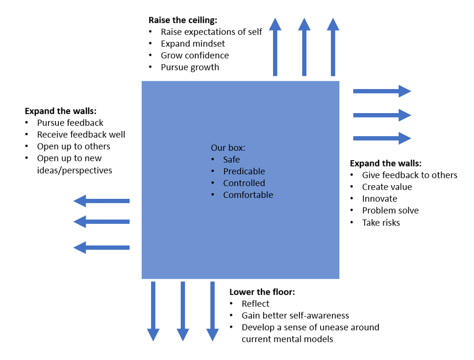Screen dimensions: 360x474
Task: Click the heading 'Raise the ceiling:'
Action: pyautogui.click(x=182, y=20)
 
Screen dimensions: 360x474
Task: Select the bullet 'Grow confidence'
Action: pyautogui.click(x=195, y=55)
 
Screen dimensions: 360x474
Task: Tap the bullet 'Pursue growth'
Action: pyautogui.click(x=190, y=67)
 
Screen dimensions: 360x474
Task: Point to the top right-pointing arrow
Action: pyautogui.click(x=382, y=91)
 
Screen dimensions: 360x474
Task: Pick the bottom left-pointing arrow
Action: pyautogui.click(x=101, y=247)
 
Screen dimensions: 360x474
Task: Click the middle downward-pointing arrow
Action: pyautogui.click(x=183, y=311)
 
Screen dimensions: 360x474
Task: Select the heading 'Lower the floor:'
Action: pyautogui.click(x=262, y=292)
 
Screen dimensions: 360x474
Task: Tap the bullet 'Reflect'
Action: pyautogui.click(x=255, y=304)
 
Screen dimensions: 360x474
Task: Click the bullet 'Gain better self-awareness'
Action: pyautogui.click(x=295, y=315)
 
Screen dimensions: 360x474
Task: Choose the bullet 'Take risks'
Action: pyautogui.click(x=381, y=222)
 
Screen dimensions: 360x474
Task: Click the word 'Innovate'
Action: pyautogui.click(x=379, y=198)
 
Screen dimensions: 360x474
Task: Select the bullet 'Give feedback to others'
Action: pyautogui.click(x=409, y=175)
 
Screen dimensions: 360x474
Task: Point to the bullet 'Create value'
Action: pyautogui.click(x=387, y=187)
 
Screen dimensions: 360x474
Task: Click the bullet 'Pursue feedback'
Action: pyautogui.click(x=70, y=122)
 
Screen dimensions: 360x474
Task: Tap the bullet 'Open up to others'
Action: pyautogui.click(x=74, y=146)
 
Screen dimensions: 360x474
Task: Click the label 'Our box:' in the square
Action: pyautogui.click(x=228, y=147)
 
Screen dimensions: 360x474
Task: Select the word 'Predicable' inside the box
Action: pyautogui.click(x=244, y=171)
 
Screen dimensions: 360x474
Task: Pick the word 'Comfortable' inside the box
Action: pyautogui.click(x=248, y=195)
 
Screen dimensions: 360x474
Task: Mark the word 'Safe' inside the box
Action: pyautogui.click(x=231, y=159)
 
